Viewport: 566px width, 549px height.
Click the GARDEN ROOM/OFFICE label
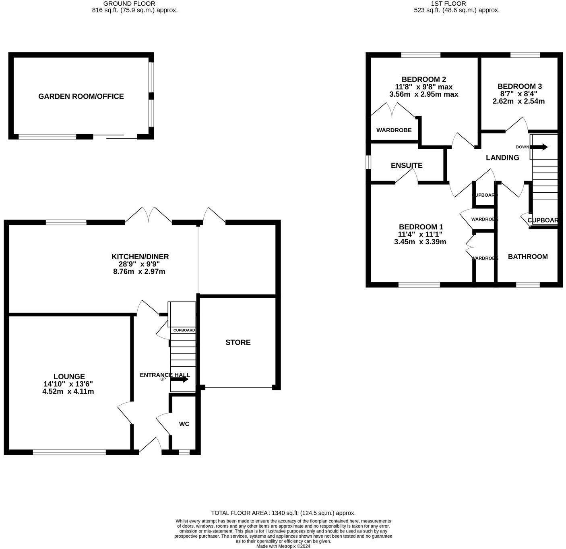[81, 96]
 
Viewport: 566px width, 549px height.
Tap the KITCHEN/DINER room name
[140, 257]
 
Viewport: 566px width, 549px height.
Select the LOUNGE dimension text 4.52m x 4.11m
[68, 391]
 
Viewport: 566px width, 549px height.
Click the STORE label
[238, 342]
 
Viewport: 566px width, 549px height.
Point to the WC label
[184, 424]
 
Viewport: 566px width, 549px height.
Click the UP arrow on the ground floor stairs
[180, 379]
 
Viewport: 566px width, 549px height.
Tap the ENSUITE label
[407, 166]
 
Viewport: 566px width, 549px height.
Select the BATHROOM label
[528, 257]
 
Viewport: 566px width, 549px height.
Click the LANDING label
[502, 158]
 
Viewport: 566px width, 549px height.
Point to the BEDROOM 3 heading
[519, 86]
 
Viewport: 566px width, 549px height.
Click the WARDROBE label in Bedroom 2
[394, 130]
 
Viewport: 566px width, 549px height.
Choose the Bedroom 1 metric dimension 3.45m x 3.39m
[420, 242]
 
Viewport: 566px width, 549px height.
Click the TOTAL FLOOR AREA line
[283, 513]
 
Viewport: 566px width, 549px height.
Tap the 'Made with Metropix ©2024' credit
[283, 546]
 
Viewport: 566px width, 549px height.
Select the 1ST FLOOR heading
[457, 4]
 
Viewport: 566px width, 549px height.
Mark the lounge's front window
[69, 452]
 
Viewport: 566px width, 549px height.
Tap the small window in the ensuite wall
[368, 162]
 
